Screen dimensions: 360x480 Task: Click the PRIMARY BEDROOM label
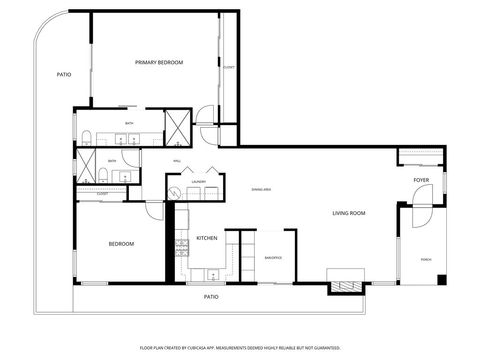tap(159, 63)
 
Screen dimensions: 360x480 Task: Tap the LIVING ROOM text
tap(349, 213)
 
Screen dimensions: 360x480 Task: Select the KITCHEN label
tap(207, 238)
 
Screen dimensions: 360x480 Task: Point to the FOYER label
tap(421, 180)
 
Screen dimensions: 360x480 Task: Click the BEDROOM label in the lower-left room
tap(121, 243)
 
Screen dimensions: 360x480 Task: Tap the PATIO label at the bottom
tap(211, 297)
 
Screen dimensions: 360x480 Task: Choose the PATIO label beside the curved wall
tap(63, 75)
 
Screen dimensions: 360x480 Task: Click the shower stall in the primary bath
tap(179, 125)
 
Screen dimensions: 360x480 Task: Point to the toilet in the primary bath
tap(87, 137)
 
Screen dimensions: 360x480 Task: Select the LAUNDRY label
tap(198, 182)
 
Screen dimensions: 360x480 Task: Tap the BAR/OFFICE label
tap(272, 258)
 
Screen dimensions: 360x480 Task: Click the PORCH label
tap(426, 258)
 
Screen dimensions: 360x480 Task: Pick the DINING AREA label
tap(262, 188)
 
